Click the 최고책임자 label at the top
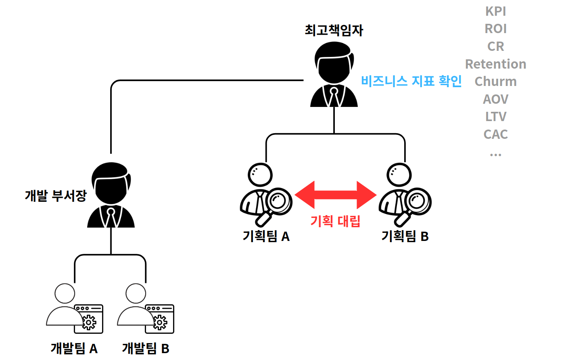click(x=334, y=30)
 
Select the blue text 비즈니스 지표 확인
click(x=411, y=81)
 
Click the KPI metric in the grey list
click(x=495, y=11)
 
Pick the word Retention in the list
click(x=495, y=64)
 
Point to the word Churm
click(x=495, y=82)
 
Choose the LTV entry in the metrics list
click(x=495, y=117)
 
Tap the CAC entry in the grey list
click(x=495, y=134)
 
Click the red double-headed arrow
click(x=336, y=195)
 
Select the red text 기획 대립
click(x=335, y=221)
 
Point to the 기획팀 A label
click(x=266, y=236)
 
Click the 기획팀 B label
click(x=405, y=236)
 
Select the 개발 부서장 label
click(x=56, y=196)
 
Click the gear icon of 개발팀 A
click(x=89, y=322)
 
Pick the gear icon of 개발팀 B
click(x=160, y=322)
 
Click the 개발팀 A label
click(x=74, y=348)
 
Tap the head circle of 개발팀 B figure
click(x=136, y=293)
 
